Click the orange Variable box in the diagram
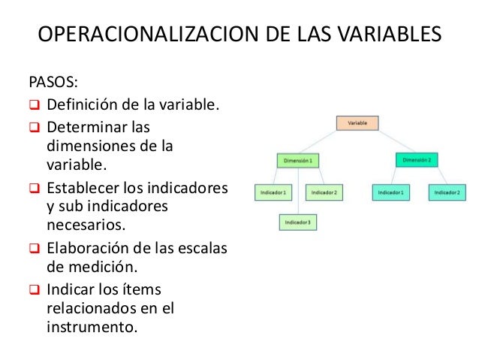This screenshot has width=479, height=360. click(357, 122)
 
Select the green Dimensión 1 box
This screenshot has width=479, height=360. click(298, 160)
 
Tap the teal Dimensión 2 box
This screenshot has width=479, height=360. click(416, 160)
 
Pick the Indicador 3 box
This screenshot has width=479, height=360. click(299, 222)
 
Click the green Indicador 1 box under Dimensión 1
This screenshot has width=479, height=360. click(273, 192)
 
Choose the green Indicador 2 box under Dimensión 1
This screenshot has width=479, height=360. click(324, 192)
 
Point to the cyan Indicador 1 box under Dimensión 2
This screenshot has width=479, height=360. click(390, 192)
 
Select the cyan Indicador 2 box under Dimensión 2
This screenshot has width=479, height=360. click(448, 192)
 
